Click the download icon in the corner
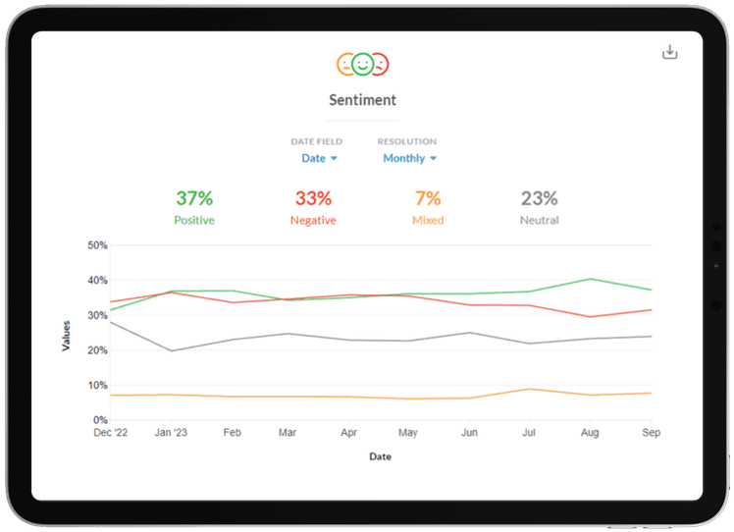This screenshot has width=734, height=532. pyautogui.click(x=670, y=52)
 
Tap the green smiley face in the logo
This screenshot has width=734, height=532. pyautogui.click(x=363, y=65)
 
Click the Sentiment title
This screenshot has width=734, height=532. pyautogui.click(x=363, y=100)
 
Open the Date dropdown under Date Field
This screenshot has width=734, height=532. pyautogui.click(x=319, y=158)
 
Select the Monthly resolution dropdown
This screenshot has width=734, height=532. pyautogui.click(x=409, y=158)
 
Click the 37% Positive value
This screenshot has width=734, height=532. pyautogui.click(x=193, y=199)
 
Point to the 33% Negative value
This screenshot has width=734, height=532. pyautogui.click(x=313, y=199)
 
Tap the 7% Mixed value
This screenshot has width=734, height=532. pyautogui.click(x=427, y=199)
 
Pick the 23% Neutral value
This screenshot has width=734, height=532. pyautogui.click(x=539, y=199)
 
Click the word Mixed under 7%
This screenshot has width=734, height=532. pyautogui.click(x=427, y=221)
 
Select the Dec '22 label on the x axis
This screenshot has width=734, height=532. pyautogui.click(x=110, y=432)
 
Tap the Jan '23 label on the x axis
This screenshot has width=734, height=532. pyautogui.click(x=171, y=432)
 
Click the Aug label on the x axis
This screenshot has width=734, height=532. pyautogui.click(x=591, y=432)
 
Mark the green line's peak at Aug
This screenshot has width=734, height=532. pyautogui.click(x=591, y=279)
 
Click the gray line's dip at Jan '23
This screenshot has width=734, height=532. pyautogui.click(x=171, y=350)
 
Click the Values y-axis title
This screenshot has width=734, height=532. pyautogui.click(x=67, y=333)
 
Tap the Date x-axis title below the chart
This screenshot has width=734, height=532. pyautogui.click(x=381, y=456)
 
